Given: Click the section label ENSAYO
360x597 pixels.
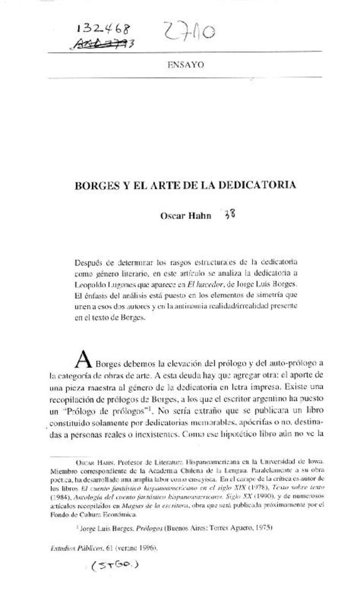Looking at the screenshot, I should point(186,65).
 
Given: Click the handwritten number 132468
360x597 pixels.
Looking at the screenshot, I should point(103,29).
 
